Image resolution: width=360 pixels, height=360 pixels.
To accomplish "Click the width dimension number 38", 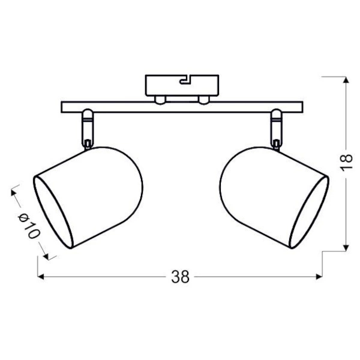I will (x=180, y=277).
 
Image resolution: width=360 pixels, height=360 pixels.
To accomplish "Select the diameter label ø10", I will (x=28, y=226).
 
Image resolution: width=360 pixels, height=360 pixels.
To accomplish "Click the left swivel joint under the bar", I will (x=88, y=127).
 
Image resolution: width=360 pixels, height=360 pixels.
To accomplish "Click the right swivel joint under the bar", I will (x=277, y=127).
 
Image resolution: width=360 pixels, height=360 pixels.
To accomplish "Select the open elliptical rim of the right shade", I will (x=310, y=211).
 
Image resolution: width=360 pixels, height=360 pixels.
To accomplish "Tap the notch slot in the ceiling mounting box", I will (x=185, y=77).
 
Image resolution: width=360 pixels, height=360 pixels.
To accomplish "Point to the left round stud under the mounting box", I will (x=160, y=99).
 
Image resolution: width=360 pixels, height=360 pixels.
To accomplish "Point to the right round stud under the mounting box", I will (x=204, y=99).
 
